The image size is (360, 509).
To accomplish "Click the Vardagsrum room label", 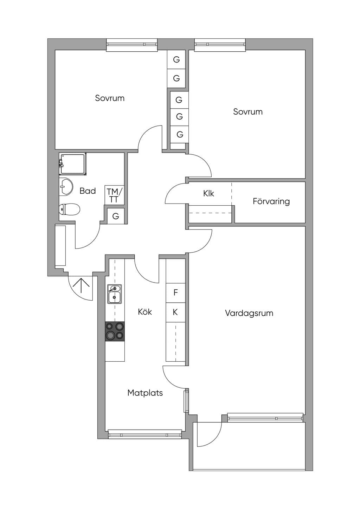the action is pos(249,313).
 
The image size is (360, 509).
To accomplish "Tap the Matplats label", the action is pos(145,393).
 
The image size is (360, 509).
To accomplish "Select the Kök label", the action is pos(145,312).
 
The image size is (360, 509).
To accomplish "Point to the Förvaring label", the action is pos(271,201).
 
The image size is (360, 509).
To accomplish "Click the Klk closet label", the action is pos(208,194).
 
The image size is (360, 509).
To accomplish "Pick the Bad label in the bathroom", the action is pos(88,191).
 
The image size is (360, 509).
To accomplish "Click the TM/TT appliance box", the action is pos(114,195).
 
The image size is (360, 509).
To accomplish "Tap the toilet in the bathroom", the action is pos(69,209).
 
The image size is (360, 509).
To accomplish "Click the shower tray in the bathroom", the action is pos(73,164).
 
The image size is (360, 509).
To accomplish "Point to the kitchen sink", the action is pos(115,294).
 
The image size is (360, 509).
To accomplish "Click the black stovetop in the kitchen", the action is pos(115,331).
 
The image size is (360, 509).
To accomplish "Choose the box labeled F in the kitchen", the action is pos(175,293).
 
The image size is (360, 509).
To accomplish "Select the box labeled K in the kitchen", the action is pos(175,312).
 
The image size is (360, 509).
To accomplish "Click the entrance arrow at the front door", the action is pos(81,285).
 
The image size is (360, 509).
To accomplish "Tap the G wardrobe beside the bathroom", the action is pos(116,216).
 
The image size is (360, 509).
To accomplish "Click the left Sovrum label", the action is pos(110,98).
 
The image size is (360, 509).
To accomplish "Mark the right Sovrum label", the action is pos(248,112).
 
